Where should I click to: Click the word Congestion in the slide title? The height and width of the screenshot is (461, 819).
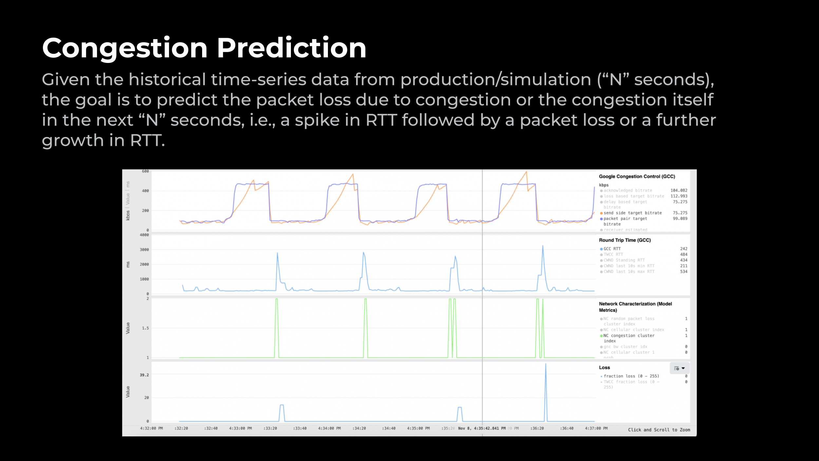point(124,49)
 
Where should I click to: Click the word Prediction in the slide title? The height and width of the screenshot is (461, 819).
point(291,49)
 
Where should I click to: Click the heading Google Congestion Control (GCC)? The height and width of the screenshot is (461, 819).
point(637,176)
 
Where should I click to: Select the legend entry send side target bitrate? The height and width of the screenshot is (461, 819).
point(632,213)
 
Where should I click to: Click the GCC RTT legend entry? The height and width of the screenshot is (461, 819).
point(612,249)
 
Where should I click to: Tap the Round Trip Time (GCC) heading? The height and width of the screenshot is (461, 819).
point(625,240)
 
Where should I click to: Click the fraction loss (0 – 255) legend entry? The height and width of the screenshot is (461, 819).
point(631,376)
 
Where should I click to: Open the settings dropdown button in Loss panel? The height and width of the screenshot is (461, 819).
point(679,368)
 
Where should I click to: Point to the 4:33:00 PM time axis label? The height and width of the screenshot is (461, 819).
point(240,428)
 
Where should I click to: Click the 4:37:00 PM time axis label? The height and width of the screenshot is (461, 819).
point(596,428)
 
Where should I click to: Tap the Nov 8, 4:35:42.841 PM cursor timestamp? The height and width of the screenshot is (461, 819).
point(482,428)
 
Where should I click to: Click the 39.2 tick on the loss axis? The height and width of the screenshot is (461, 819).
point(144,375)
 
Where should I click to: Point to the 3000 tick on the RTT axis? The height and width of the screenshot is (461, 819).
point(144,250)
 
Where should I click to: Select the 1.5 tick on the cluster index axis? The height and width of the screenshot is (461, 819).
point(145,328)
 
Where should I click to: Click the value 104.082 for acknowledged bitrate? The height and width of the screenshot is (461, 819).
point(679,190)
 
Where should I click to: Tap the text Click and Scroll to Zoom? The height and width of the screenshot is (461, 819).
point(659,430)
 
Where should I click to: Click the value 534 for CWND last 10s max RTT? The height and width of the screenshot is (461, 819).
point(683,271)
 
